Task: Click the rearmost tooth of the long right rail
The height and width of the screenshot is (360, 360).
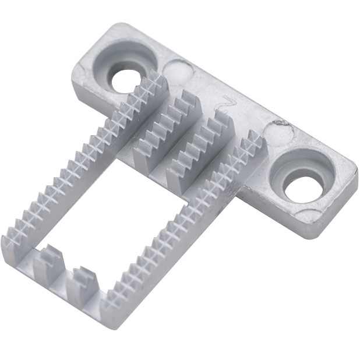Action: click(x=255, y=140)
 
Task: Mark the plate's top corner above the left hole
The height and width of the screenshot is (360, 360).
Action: click(x=119, y=26)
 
